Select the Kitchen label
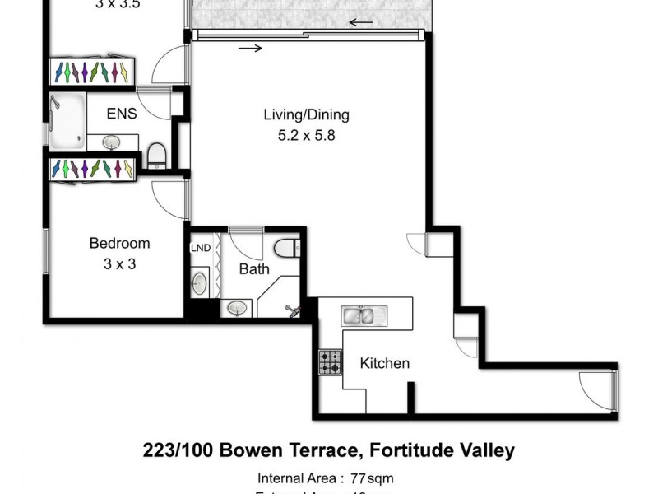(384, 363)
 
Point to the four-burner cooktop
(331, 361)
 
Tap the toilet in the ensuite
(157, 153)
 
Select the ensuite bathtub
(66, 121)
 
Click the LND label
(200, 248)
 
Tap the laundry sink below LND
(200, 283)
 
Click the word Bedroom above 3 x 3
(119, 243)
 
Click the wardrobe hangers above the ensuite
(91, 72)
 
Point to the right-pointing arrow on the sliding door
(252, 48)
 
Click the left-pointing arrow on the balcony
(359, 22)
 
